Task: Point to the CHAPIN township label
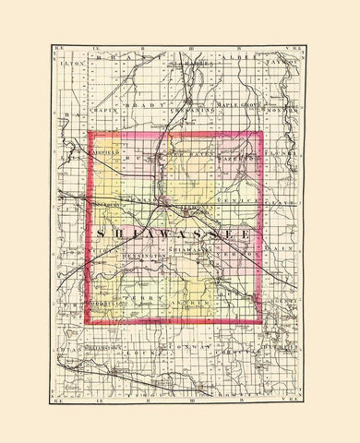104,107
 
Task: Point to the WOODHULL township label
104,302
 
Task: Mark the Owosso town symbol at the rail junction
163,200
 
